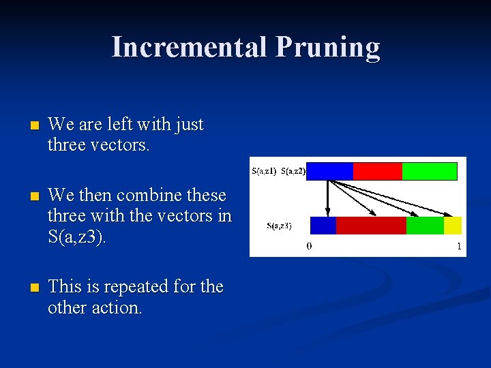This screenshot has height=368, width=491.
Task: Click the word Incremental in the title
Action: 189,47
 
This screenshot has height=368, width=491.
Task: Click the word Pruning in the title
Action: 328,47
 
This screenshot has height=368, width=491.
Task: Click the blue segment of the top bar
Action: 329,171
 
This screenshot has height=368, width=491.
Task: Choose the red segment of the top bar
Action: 377,171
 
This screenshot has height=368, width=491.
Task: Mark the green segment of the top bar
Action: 429,171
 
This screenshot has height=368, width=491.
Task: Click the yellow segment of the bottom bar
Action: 453,226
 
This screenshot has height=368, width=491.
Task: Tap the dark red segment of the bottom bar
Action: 371,226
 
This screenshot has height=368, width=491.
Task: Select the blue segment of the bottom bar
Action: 323,226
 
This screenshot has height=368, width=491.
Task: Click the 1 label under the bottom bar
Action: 459,246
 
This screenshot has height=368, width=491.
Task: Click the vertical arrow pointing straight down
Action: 327,198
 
